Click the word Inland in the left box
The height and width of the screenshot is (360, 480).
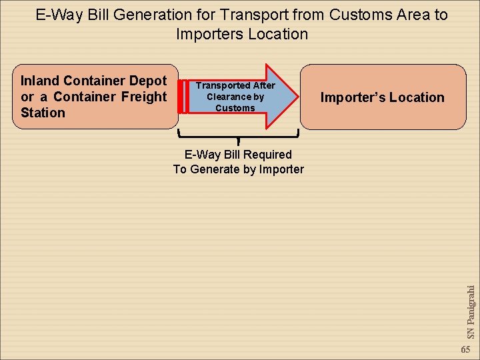click(x=40, y=81)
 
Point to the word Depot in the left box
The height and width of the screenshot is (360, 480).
click(x=147, y=81)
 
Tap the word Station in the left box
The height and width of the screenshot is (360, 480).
click(x=43, y=113)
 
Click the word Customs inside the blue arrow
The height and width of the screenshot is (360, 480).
click(x=235, y=108)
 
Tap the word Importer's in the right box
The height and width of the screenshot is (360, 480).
click(x=352, y=97)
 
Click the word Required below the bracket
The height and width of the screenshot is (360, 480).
click(x=267, y=155)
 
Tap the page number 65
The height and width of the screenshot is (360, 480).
click(x=465, y=350)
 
